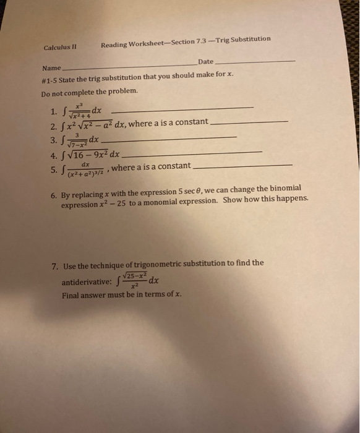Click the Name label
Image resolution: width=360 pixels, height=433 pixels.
click(51, 67)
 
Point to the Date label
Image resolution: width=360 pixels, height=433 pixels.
click(206, 61)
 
